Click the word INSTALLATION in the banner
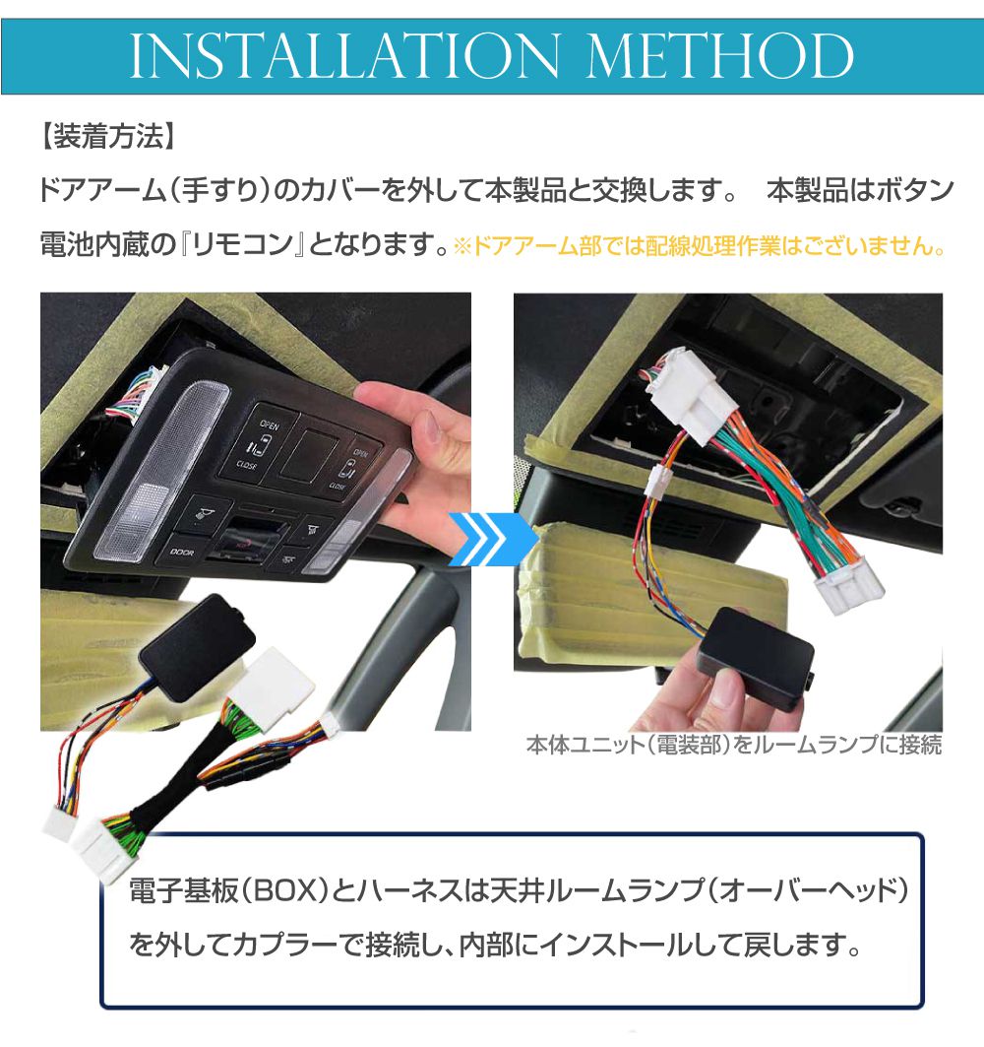[x=344, y=55]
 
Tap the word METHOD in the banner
[x=720, y=55]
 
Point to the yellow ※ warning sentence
[x=700, y=246]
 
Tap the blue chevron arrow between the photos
[x=492, y=540]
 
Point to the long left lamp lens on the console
[x=161, y=472]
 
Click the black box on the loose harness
[x=196, y=646]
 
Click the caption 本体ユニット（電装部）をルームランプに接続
[x=734, y=745]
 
